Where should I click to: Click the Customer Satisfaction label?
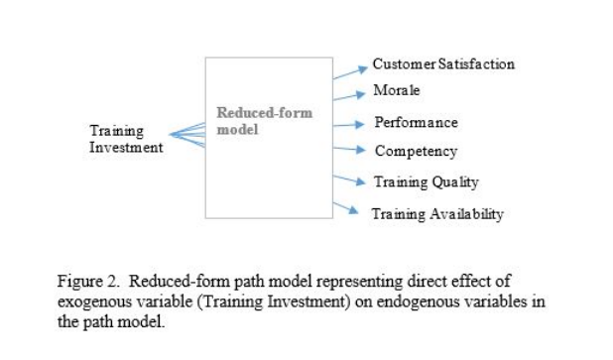(443, 64)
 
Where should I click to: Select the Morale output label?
(397, 91)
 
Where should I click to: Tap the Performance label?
(416, 123)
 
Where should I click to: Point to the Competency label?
(416, 152)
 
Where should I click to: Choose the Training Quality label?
(426, 181)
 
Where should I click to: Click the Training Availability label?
(437, 213)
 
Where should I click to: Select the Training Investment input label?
(126, 139)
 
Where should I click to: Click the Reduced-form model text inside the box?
(264, 122)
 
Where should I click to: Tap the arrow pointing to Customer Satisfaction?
(348, 70)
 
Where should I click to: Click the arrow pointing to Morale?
(348, 95)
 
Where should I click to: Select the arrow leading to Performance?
(348, 125)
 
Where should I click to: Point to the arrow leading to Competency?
(348, 150)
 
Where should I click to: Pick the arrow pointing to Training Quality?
(348, 179)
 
